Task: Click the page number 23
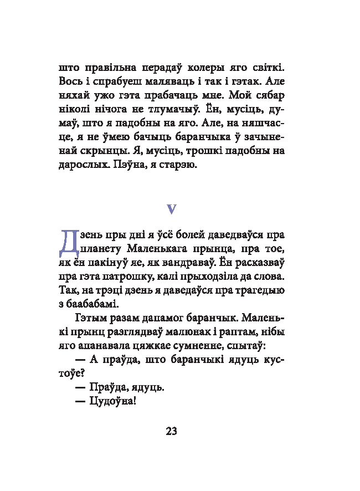point(171,431)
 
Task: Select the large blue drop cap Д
point(66,244)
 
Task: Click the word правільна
point(112,68)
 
